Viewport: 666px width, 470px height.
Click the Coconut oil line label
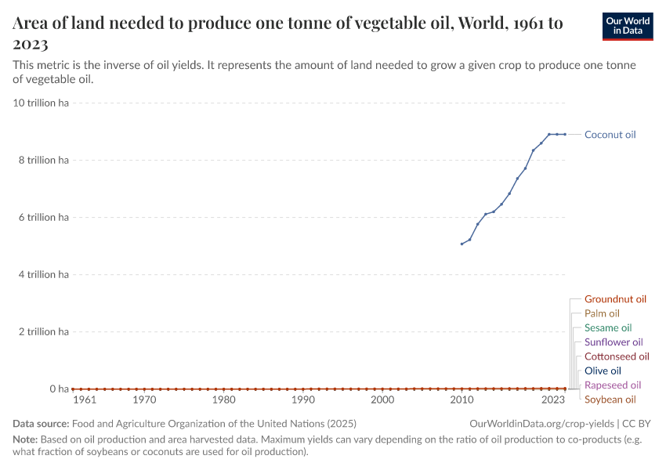pos(610,135)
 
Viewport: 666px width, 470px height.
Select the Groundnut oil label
pos(615,299)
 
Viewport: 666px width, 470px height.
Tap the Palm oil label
pos(602,313)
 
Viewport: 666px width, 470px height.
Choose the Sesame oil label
pos(607,327)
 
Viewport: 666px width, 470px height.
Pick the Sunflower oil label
pos(613,342)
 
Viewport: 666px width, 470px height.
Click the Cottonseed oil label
pos(616,356)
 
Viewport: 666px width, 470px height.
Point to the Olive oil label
pos(602,371)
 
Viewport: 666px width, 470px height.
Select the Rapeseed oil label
pos(612,385)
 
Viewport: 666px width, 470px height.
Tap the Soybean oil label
pos(610,399)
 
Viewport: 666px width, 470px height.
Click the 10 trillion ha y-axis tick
pos(41,103)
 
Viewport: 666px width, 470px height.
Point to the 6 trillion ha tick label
pos(43,217)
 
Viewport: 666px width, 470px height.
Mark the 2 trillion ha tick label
pos(43,331)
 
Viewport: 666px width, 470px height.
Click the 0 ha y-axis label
pos(60,389)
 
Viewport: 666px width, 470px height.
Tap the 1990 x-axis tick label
pos(302,400)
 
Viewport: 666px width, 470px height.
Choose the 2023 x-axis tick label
pos(553,400)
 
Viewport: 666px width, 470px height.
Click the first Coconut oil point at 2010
pos(461,244)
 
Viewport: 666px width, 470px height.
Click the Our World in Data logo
pos(628,26)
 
